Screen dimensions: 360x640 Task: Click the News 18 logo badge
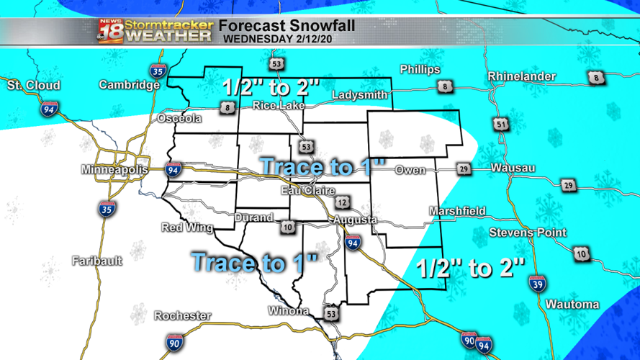click(x=111, y=31)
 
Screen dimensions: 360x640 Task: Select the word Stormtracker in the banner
click(x=169, y=24)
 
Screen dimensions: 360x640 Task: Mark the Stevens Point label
click(x=527, y=233)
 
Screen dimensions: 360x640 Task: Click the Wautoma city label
click(x=572, y=305)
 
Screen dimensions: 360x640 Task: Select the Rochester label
click(x=183, y=316)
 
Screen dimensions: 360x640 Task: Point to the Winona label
click(x=288, y=311)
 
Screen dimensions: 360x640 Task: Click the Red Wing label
click(x=187, y=228)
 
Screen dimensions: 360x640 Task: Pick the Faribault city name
click(x=97, y=261)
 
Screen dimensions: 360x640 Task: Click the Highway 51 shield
click(x=500, y=125)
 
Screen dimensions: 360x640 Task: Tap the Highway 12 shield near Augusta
click(x=341, y=202)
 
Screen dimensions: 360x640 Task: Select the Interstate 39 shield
click(x=536, y=283)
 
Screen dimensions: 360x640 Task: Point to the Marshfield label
click(x=456, y=212)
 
